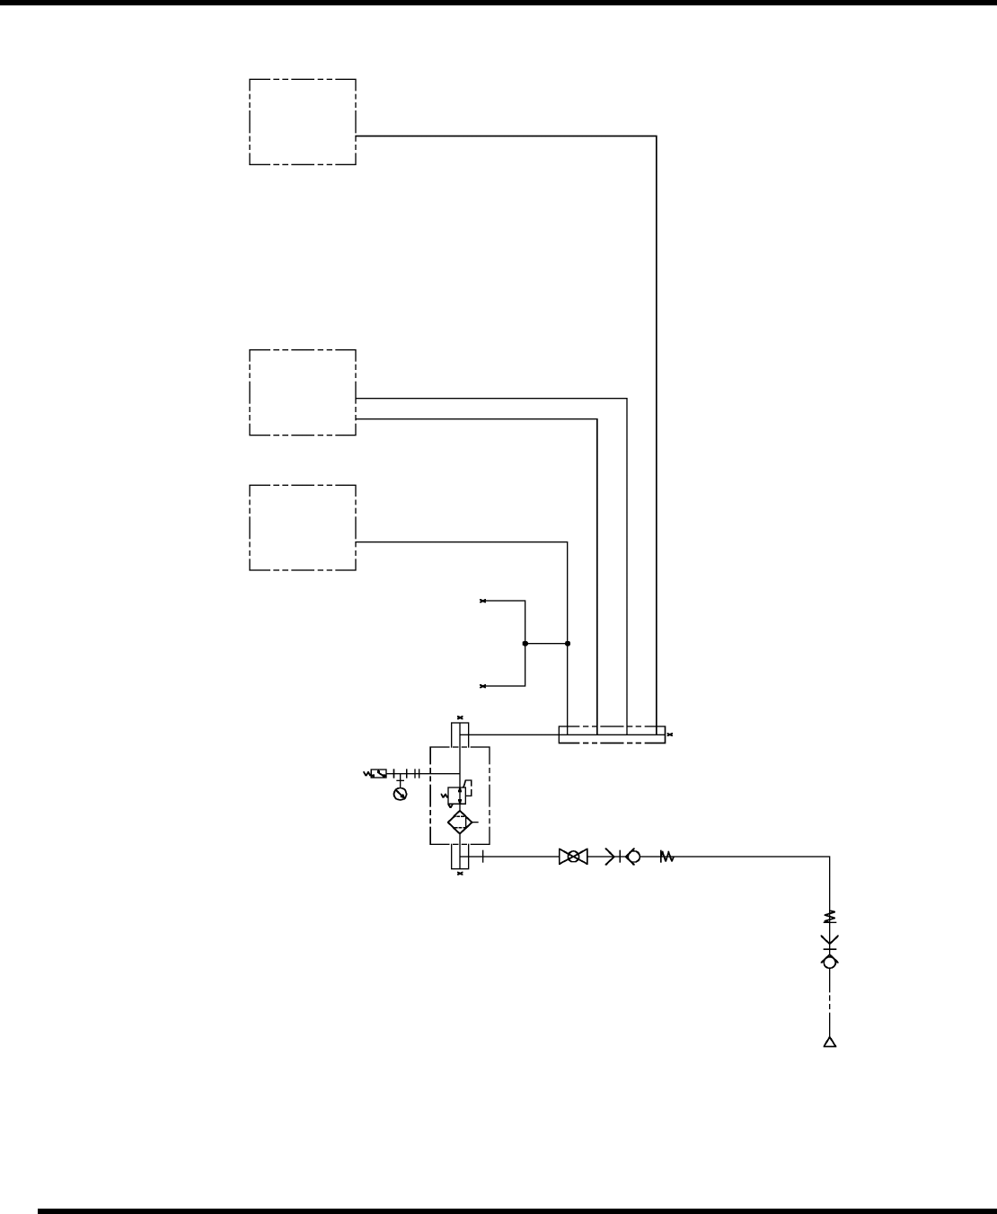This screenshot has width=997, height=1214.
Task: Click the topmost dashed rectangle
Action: [x=302, y=122]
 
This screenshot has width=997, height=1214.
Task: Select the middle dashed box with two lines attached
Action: [x=302, y=392]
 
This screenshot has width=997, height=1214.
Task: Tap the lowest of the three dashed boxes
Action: [x=302, y=528]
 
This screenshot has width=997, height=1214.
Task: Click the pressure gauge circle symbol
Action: [x=401, y=793]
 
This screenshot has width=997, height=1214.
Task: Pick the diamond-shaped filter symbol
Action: [x=460, y=822]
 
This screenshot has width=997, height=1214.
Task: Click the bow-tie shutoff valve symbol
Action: [x=573, y=857]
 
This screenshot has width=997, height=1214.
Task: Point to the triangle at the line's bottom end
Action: [x=830, y=1042]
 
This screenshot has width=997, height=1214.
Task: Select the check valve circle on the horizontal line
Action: [x=633, y=857]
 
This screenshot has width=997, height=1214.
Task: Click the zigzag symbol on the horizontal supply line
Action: [x=666, y=857]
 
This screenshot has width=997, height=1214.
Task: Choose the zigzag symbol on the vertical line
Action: [x=830, y=917]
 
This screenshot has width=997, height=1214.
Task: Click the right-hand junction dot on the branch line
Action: [x=568, y=643]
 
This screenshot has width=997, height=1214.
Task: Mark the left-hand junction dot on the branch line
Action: [x=525, y=643]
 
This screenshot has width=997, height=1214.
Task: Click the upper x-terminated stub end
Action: [x=483, y=601]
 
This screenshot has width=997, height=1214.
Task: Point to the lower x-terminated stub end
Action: [x=483, y=686]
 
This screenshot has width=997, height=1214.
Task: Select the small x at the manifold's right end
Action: [x=670, y=735]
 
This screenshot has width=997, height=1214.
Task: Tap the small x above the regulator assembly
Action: [x=460, y=718]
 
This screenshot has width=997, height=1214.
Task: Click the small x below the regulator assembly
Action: [x=460, y=874]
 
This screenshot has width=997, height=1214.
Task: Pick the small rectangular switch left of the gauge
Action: [x=379, y=773]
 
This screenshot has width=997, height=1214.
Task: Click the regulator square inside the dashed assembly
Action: [x=456, y=794]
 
